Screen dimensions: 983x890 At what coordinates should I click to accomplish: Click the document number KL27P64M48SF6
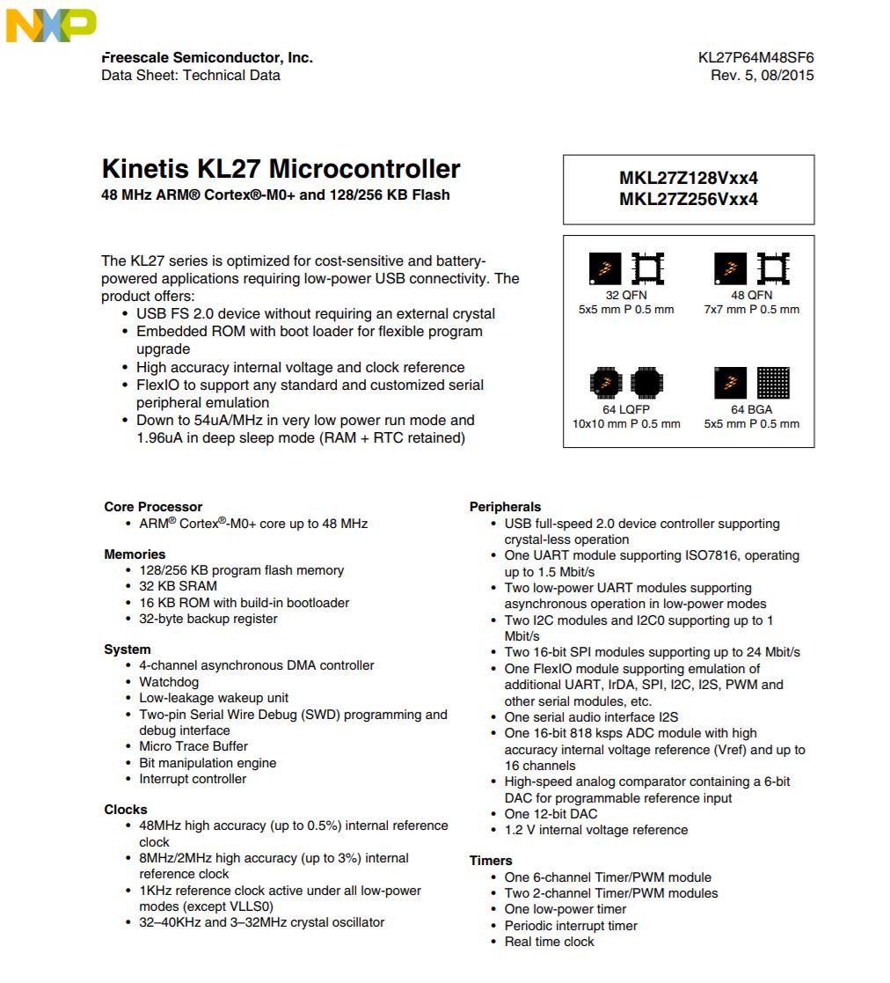[755, 58]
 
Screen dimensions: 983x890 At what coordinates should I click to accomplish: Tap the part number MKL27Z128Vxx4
[689, 178]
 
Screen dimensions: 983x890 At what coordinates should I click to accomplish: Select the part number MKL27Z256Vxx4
[689, 199]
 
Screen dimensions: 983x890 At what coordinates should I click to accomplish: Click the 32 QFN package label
[625, 296]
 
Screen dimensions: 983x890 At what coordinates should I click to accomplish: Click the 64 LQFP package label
[625, 410]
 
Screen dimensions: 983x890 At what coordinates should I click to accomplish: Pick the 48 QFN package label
[751, 296]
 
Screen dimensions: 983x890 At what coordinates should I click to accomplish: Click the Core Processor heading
[153, 507]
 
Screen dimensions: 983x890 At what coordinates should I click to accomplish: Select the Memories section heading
[135, 554]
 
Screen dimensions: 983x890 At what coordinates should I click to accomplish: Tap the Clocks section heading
[126, 810]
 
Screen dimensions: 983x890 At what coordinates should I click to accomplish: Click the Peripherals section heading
[506, 507]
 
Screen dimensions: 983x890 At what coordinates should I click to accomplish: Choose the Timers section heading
[491, 861]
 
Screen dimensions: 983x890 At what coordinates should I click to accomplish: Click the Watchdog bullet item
[169, 682]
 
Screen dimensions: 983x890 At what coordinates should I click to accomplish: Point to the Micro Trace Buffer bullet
[193, 746]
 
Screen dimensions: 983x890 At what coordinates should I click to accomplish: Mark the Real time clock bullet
[549, 942]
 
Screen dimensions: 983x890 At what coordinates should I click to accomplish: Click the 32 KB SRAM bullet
[178, 586]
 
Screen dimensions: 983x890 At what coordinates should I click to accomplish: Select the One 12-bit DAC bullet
[551, 814]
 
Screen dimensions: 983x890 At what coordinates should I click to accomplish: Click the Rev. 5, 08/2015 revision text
[762, 76]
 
